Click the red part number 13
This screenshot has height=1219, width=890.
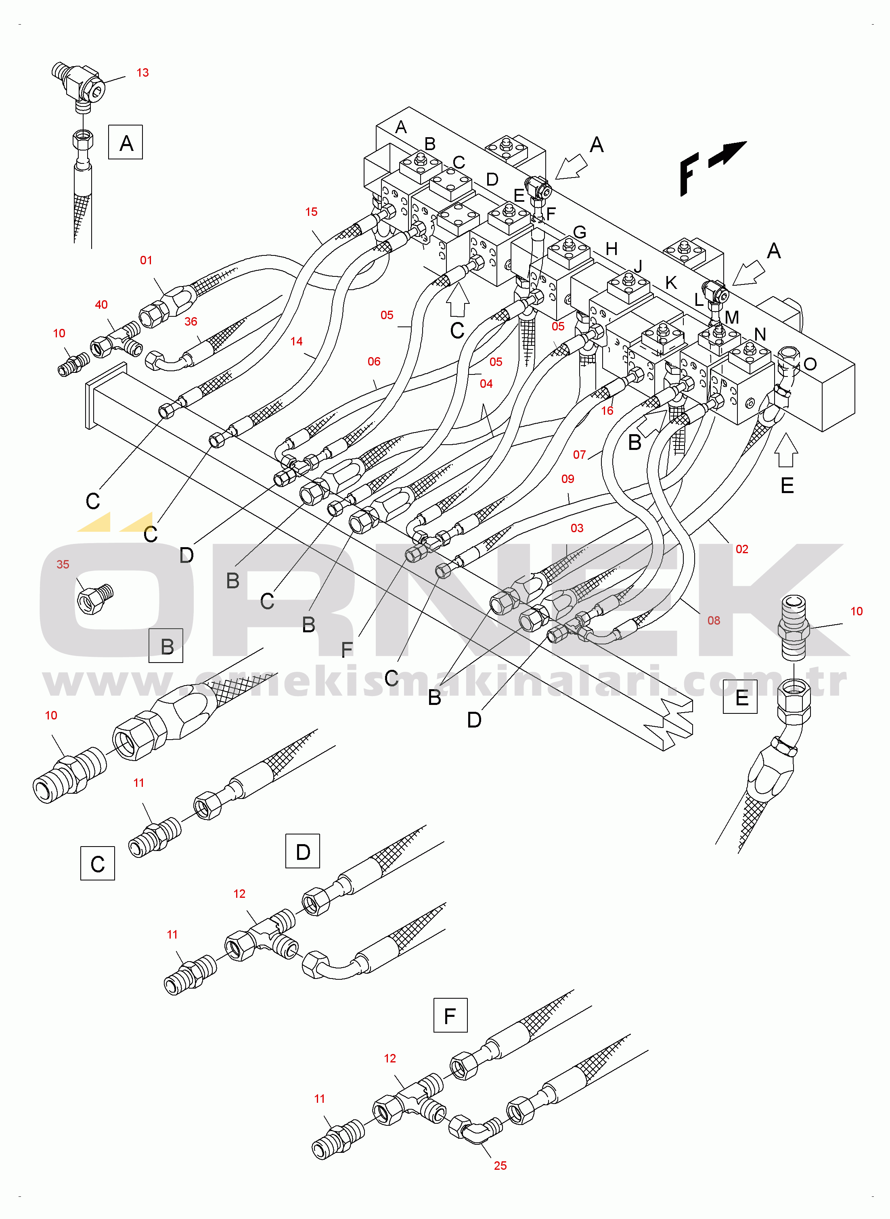[142, 73]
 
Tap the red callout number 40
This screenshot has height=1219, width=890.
[101, 305]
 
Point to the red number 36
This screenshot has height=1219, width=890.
[191, 322]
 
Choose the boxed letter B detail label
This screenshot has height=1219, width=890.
[166, 646]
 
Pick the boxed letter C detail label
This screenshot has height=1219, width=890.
[98, 863]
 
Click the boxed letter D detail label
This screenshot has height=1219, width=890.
[302, 851]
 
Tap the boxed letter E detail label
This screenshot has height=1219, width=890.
[740, 697]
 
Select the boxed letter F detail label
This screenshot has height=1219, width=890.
[450, 1016]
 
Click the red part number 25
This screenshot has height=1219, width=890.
[500, 1166]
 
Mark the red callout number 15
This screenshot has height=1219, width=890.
[311, 211]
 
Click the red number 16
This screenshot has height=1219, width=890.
[607, 411]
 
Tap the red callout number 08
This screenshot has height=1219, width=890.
[714, 620]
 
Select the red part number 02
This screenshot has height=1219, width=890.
[742, 549]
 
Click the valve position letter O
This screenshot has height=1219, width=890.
[810, 364]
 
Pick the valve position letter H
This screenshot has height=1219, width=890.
[611, 249]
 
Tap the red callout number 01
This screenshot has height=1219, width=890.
[146, 260]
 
